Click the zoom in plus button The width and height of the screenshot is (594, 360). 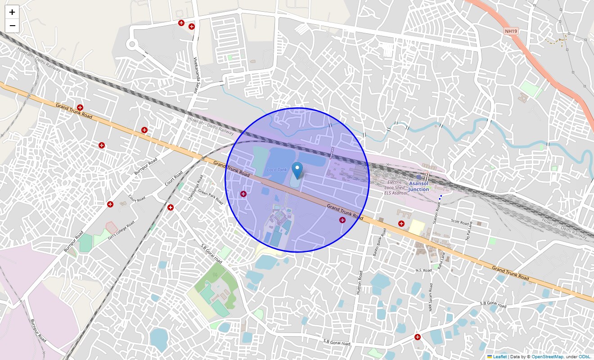tap(12, 13)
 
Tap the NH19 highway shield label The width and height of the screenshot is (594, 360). tap(511, 31)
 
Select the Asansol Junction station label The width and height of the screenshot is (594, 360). tap(418, 186)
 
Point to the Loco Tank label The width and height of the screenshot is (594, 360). tap(277, 170)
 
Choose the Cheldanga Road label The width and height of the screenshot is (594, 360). tap(196, 188)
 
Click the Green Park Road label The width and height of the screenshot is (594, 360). tap(211, 197)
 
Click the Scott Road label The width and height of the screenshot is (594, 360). tap(460, 221)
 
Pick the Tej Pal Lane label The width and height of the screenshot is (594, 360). tap(468, 231)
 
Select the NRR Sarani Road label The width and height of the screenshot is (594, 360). tap(431, 298)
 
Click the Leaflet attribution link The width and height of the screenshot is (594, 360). tap(499, 356)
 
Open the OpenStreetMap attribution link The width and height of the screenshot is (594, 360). tap(547, 356)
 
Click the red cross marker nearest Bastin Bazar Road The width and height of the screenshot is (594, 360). tap(401, 223)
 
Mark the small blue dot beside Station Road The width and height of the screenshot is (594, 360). tap(441, 197)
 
